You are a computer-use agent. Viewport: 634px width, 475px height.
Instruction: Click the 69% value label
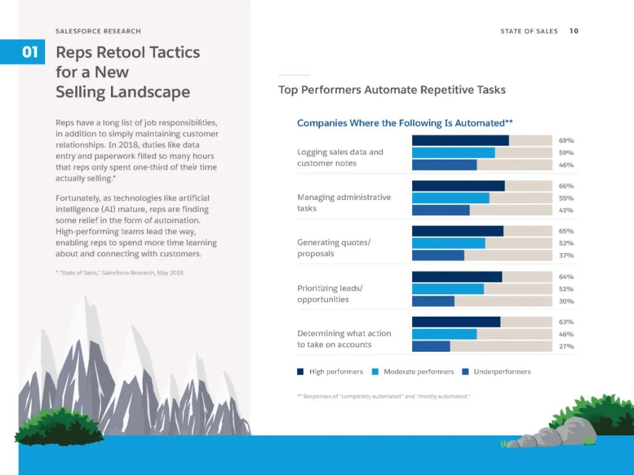pos(566,141)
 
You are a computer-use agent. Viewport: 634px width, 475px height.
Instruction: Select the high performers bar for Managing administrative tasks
pos(458,186)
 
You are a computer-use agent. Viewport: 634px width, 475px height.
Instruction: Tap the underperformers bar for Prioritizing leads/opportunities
pos(433,301)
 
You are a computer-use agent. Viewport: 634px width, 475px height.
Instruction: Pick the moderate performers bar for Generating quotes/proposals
pos(448,243)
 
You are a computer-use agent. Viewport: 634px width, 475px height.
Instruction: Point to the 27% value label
pos(566,347)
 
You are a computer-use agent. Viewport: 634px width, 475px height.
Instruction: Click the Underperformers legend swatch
pos(466,372)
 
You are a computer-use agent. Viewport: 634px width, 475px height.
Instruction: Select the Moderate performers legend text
pos(419,372)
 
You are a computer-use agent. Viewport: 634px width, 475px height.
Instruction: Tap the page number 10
pos(574,31)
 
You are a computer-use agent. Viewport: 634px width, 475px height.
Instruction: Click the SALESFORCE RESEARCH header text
pos(98,31)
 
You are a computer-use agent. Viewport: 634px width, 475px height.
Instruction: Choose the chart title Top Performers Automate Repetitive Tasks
pos(392,90)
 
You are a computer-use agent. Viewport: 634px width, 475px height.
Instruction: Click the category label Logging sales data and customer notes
pos(340,158)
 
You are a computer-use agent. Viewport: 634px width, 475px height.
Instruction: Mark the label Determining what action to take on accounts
pos(343,339)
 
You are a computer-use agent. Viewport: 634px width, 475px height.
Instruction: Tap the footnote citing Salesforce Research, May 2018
pos(120,273)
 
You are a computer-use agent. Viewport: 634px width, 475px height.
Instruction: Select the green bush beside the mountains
pos(59,426)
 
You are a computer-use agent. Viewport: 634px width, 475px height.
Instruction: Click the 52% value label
pos(566,243)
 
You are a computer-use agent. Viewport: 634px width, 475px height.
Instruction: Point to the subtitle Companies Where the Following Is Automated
pos(405,123)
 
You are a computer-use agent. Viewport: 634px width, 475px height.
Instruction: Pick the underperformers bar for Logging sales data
pos(444,165)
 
